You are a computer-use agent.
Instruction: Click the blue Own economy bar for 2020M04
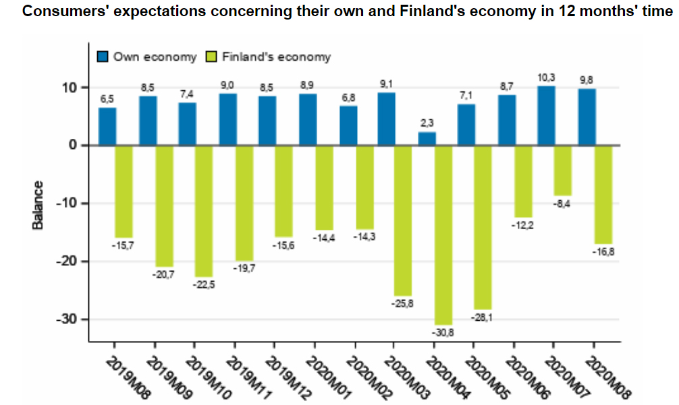[x=427, y=139]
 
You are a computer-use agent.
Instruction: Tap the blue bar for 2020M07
[x=546, y=116]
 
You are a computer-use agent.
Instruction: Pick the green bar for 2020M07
[x=562, y=170]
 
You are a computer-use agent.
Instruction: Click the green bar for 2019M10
[x=204, y=210]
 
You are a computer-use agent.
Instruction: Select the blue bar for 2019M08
[x=107, y=127]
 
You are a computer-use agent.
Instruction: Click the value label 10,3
[x=546, y=80]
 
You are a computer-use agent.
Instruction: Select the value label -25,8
[x=402, y=303]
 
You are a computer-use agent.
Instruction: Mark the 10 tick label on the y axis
[x=72, y=88]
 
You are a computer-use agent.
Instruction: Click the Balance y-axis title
[x=38, y=205]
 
